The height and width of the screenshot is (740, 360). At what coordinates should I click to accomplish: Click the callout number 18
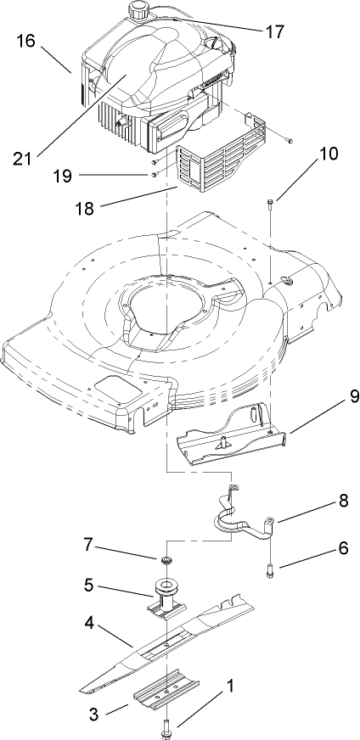(111, 206)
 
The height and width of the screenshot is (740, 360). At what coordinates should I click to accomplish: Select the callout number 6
(342, 548)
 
